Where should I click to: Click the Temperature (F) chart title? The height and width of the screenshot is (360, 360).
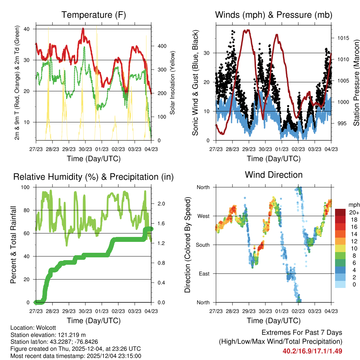pos(94,15)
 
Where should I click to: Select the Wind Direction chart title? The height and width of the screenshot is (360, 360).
pos(274,174)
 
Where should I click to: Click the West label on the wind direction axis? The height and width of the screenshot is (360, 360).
pos(203,216)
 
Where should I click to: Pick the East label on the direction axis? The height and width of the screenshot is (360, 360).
pos(204,274)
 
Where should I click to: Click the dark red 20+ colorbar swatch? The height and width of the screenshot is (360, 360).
pos(341,212)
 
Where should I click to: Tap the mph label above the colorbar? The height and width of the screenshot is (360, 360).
pos(353,205)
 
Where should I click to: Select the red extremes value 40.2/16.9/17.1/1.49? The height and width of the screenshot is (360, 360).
pos(312,351)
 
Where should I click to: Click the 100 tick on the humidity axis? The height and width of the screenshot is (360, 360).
pos(26,187)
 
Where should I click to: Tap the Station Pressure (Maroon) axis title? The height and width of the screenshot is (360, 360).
pos(356,83)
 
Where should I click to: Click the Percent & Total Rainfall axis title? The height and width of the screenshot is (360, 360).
pos(13,245)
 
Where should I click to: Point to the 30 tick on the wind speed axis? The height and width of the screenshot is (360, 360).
pos(207,53)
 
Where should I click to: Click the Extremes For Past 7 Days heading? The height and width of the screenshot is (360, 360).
pos(302,333)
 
